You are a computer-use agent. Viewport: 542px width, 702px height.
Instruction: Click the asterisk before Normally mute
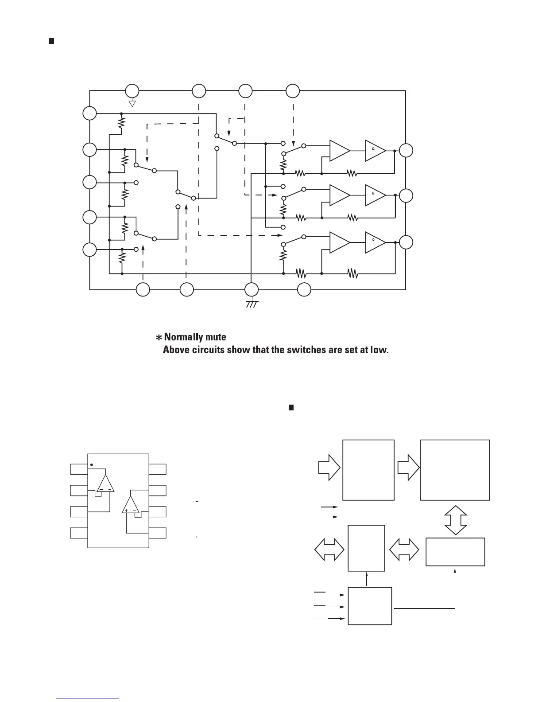pos(159,338)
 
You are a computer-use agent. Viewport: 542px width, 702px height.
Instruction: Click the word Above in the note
pos(176,350)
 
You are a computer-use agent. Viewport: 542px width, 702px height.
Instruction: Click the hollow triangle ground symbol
pos(132,104)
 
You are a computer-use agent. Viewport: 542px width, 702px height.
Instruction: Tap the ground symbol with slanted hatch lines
pos(252,304)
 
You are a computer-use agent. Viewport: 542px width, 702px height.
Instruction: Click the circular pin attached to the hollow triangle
pos(132,91)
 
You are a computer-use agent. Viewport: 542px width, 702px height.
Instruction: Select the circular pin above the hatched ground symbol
pos(252,290)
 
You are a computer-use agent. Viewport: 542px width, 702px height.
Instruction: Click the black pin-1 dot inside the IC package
pos(92,465)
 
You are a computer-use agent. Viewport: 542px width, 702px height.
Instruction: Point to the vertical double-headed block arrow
pos(455,520)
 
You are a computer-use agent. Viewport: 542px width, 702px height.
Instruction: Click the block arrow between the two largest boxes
pos(408,469)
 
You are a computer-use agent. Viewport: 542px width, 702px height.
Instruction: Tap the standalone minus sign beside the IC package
pos(196,502)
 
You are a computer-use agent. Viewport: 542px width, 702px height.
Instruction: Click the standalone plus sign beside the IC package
pos(196,537)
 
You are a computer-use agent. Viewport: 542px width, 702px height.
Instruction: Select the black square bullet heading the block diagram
pos(291,407)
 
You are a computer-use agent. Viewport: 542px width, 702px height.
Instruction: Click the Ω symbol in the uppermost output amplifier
pos(373,148)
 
